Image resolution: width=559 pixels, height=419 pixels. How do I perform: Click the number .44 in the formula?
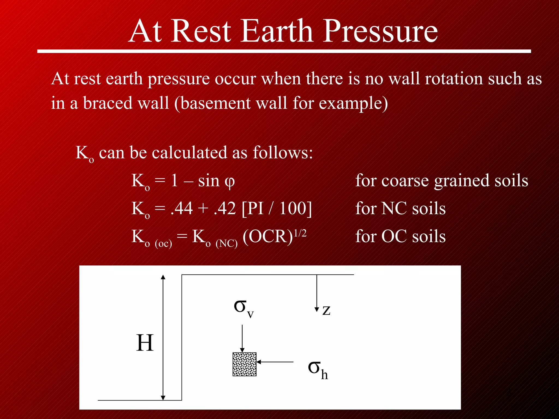(x=182, y=208)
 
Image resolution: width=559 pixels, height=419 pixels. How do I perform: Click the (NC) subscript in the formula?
(x=227, y=243)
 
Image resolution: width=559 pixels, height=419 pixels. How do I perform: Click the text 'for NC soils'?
(x=400, y=208)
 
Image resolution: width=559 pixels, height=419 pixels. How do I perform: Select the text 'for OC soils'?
(x=400, y=236)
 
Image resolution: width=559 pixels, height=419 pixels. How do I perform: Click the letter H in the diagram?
(x=145, y=343)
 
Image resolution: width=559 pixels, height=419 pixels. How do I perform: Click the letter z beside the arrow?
(x=326, y=310)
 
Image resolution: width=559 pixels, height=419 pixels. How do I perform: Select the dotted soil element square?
(x=244, y=364)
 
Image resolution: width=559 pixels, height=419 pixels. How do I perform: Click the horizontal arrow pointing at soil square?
(x=275, y=362)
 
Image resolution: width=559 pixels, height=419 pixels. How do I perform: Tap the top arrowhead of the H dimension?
(x=163, y=277)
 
